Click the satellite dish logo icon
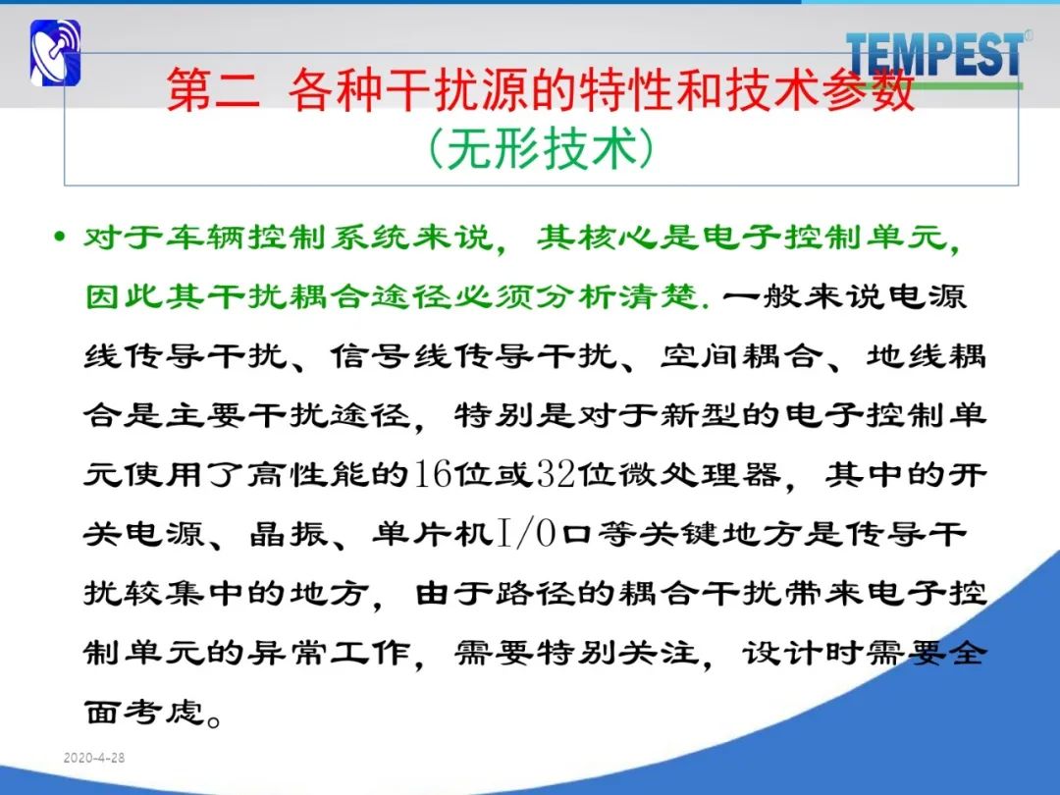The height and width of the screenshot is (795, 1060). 55,53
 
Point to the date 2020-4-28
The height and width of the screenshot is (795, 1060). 94,758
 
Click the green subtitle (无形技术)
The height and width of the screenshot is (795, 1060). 542,148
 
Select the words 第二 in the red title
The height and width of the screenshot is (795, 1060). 214,89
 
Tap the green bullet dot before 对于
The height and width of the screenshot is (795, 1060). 61,238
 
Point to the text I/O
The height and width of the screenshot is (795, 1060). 527,533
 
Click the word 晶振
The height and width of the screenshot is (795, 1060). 289,533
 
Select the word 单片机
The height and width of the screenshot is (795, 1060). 433,533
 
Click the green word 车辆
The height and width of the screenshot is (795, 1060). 205,238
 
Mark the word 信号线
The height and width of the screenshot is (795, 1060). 392,355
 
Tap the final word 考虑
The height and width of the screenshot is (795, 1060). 164,712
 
